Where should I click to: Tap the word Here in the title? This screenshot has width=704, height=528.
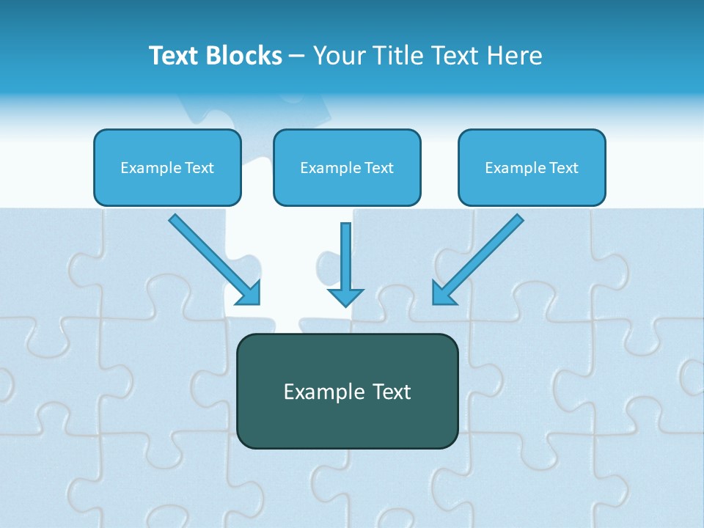(x=516, y=56)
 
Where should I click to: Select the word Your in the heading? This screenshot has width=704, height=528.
(x=337, y=56)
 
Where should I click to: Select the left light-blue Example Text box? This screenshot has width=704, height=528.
(x=167, y=167)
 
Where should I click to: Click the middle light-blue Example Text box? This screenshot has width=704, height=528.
(x=347, y=167)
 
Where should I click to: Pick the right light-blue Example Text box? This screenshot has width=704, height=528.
(x=532, y=167)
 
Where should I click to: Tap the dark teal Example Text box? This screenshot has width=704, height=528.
(x=347, y=391)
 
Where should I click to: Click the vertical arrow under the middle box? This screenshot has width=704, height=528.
(x=345, y=257)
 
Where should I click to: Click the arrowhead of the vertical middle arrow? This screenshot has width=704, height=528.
(x=345, y=297)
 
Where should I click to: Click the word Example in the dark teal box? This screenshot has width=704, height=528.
(x=319, y=392)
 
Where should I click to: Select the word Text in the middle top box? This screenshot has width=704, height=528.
(x=379, y=168)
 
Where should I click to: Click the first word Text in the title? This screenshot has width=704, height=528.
(x=175, y=56)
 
